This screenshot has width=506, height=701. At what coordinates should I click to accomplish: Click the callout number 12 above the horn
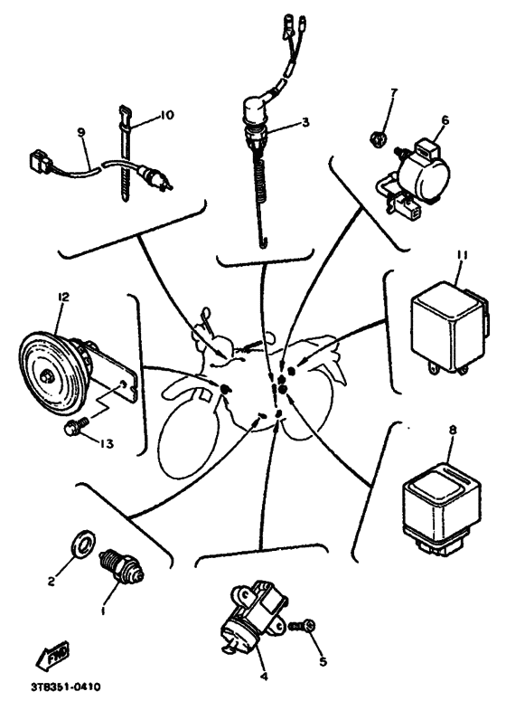[x=63, y=297]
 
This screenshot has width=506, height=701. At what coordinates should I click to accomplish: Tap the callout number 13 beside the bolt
[x=107, y=443]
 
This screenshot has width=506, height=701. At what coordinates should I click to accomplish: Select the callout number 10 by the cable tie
[x=166, y=115]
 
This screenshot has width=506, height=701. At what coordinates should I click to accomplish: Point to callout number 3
[x=305, y=122]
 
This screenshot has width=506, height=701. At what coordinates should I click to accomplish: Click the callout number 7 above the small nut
[x=393, y=93]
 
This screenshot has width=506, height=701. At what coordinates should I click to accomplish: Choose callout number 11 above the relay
[x=462, y=255]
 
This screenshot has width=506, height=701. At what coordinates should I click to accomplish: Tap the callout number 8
[x=453, y=430]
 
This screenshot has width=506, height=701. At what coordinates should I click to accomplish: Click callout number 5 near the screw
[x=323, y=661]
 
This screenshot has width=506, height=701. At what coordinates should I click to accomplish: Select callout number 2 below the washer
[x=52, y=582]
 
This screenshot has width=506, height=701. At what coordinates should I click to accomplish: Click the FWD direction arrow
[x=52, y=656]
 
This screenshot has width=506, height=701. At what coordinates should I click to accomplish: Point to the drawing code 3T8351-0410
[x=66, y=687]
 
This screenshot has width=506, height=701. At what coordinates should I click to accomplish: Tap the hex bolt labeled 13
[x=77, y=425]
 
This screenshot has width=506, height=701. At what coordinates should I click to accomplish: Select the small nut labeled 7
[x=378, y=139]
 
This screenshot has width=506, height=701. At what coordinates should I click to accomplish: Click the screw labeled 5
[x=303, y=626]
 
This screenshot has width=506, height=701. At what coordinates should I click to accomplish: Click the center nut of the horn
[x=44, y=376]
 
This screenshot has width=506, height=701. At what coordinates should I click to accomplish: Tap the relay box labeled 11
[x=449, y=328]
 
